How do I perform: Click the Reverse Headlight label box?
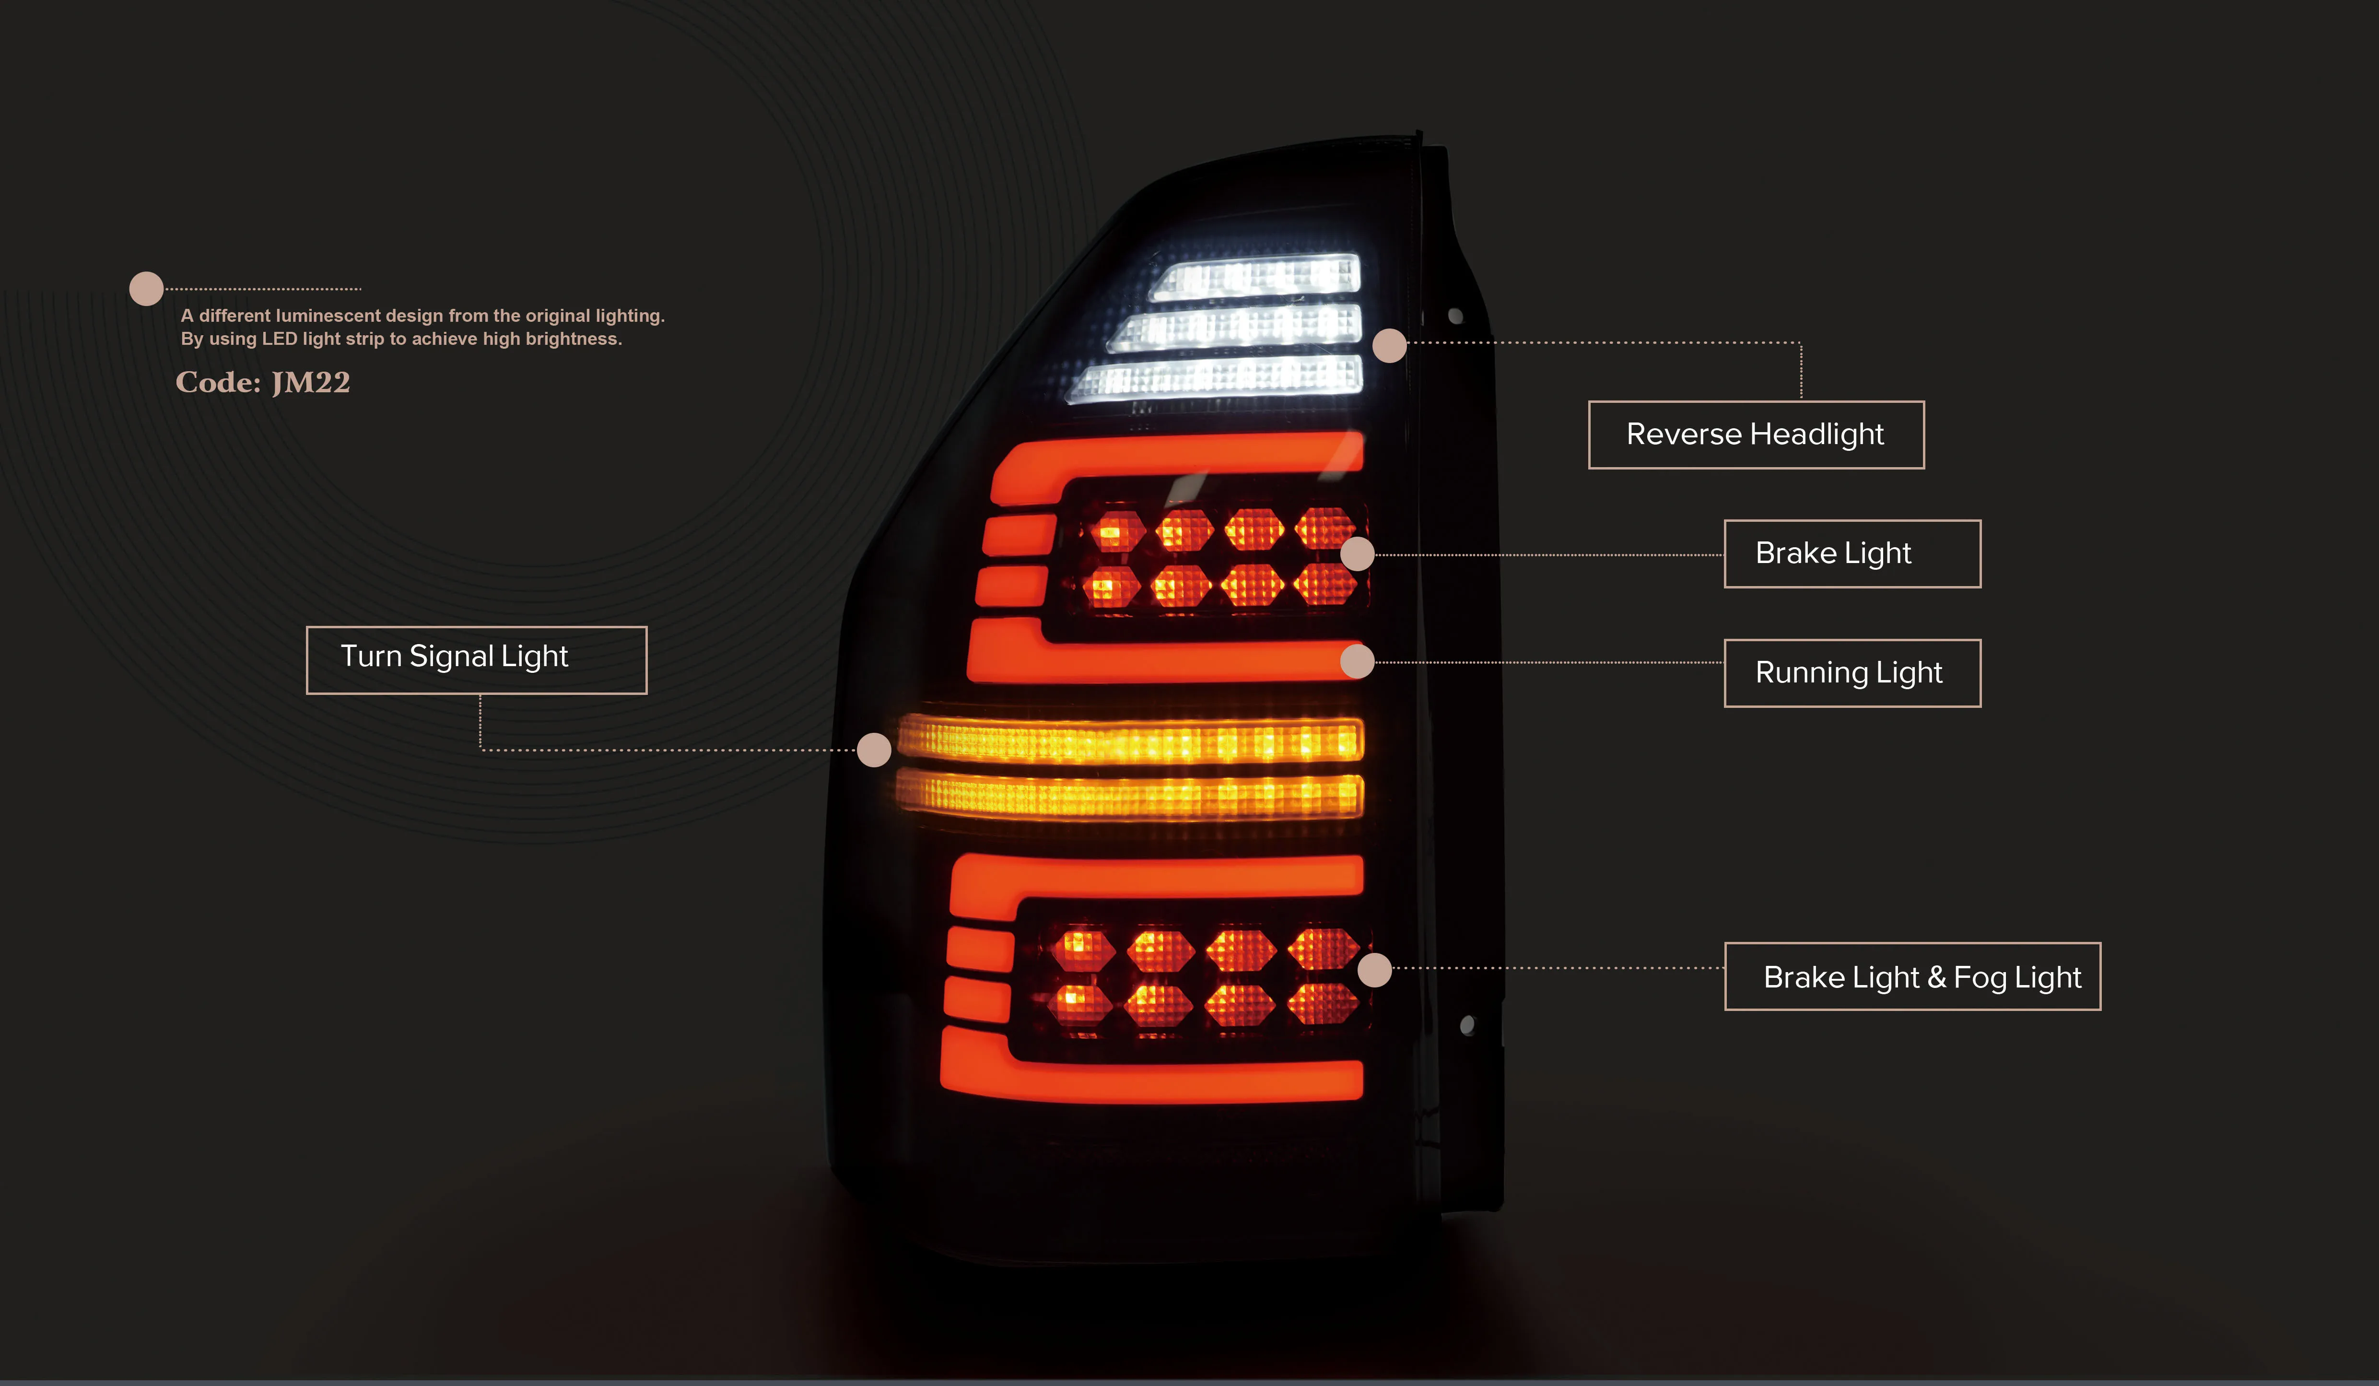(1756, 435)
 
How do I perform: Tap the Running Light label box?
(1852, 673)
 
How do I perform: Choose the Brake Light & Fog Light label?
(1912, 976)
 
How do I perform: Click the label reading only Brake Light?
(1852, 553)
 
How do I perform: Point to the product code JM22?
(311, 382)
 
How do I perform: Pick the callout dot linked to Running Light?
(1358, 661)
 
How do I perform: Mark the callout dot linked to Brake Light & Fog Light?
(1374, 970)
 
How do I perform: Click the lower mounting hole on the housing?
(1467, 1025)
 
